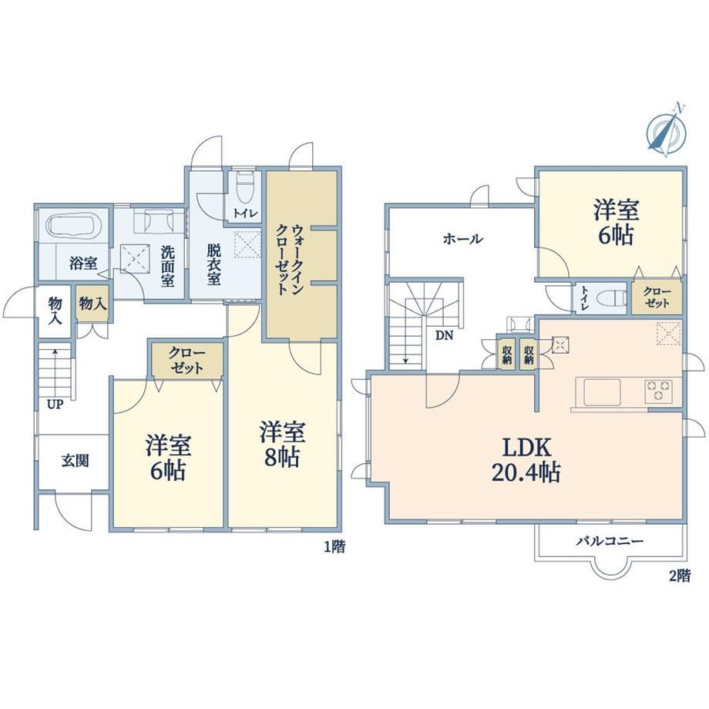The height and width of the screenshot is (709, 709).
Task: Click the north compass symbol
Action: coord(667,132)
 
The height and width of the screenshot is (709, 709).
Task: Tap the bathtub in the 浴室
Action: coord(74,225)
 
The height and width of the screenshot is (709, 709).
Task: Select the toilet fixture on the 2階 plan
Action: coord(611,298)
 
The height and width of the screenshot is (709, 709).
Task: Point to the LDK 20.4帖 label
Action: coord(526,460)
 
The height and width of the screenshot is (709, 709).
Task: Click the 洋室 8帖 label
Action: coord(282,444)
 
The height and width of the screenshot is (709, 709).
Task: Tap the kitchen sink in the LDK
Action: coord(602,392)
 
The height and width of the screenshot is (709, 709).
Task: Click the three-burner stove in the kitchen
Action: coord(658,391)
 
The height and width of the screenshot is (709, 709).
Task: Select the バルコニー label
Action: coord(609,541)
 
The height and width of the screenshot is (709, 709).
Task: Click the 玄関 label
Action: coord(75,461)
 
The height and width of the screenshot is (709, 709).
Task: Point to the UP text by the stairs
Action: coord(55,405)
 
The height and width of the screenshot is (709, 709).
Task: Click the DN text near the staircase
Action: coord(444,335)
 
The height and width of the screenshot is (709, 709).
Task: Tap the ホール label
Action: coord(463,238)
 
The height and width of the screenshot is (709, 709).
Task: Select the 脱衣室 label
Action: coord(213,264)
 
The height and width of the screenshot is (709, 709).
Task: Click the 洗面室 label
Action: coord(168,267)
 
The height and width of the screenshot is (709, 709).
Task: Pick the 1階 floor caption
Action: coord(334,546)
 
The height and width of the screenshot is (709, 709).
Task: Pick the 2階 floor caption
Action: coord(680,576)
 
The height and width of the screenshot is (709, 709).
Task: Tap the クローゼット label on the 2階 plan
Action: coord(657,297)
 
